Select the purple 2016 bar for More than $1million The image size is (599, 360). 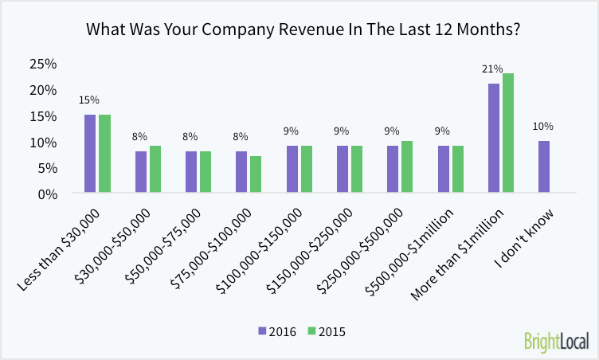[494, 138]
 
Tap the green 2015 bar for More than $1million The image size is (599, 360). [508, 133]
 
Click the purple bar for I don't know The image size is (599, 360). [544, 166]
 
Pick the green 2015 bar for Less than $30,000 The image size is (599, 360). [104, 154]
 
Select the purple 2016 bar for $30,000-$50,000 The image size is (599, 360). [141, 172]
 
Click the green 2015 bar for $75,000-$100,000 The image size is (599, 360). [256, 174]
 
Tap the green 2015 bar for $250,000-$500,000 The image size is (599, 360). [407, 166]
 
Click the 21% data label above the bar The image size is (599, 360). [492, 69]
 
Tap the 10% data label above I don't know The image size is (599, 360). [543, 127]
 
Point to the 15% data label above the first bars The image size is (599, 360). [89, 100]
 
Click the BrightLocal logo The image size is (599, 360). [556, 341]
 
